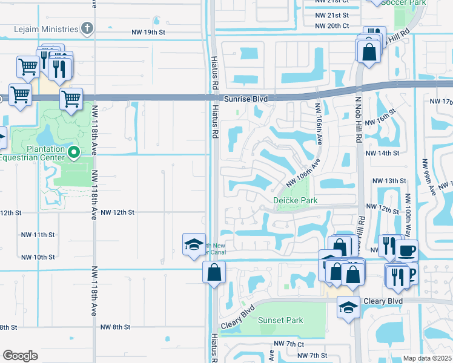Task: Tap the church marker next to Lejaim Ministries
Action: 87,29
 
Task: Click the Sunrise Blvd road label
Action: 245,98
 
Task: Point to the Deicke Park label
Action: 295,200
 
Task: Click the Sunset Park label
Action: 280,320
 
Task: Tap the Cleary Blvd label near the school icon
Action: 382,301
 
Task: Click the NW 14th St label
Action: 383,153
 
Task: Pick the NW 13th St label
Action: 389,181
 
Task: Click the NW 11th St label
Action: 38,234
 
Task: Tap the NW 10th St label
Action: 38,257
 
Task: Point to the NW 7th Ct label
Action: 289,344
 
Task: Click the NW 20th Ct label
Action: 332,25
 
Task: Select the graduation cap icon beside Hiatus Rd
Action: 194,244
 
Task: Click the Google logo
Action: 20,356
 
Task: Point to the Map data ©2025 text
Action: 427,358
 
